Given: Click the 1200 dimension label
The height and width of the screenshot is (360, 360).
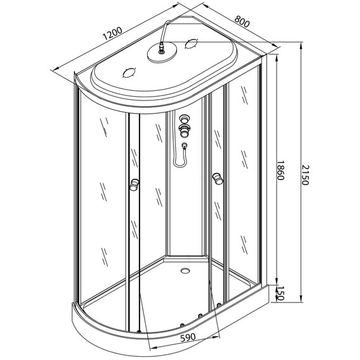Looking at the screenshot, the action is pyautogui.click(x=112, y=33).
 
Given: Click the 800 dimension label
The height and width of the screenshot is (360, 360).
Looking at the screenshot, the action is pyautogui.click(x=242, y=21).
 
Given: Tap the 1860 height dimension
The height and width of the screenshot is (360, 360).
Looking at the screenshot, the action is pyautogui.click(x=280, y=170).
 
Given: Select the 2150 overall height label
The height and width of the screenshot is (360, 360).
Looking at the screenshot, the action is pyautogui.click(x=306, y=175).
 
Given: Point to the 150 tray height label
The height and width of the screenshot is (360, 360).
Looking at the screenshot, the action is pyautogui.click(x=280, y=293).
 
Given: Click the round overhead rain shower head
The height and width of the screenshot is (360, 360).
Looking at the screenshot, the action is pyautogui.click(x=162, y=53).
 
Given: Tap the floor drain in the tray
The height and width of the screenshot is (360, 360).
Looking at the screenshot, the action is pyautogui.click(x=185, y=270).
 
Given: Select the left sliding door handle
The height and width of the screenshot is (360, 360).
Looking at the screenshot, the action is pyautogui.click(x=135, y=184).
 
